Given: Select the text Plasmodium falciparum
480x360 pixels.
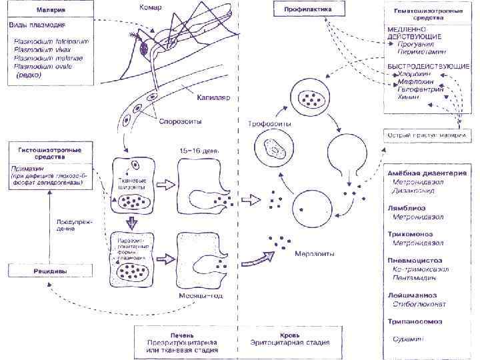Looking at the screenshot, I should pyautogui.click(x=52, y=41).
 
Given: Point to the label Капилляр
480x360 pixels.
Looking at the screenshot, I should pyautogui.click(x=213, y=97).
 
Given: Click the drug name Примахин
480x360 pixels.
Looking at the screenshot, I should pyautogui.click(x=28, y=168).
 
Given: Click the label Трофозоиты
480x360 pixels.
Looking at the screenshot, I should pyautogui.click(x=269, y=124).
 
